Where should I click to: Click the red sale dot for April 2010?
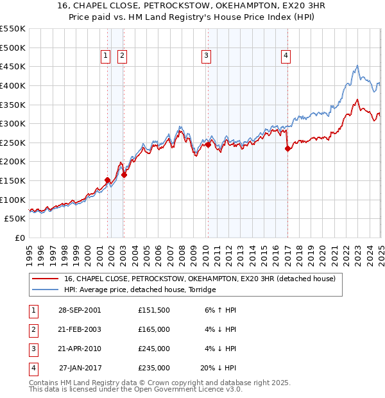[208, 145]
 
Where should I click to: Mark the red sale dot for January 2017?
[287, 149]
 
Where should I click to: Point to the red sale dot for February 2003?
[124, 175]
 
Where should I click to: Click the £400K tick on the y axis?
[13, 85]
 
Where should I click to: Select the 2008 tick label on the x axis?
[182, 251]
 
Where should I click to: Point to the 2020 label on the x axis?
[322, 251]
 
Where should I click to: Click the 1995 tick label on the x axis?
[30, 251]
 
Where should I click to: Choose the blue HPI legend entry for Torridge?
[140, 290]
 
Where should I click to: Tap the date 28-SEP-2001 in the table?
[80, 310]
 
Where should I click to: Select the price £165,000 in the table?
[154, 329]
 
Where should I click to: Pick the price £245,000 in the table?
[154, 349]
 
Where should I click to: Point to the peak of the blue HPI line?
[357, 65]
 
